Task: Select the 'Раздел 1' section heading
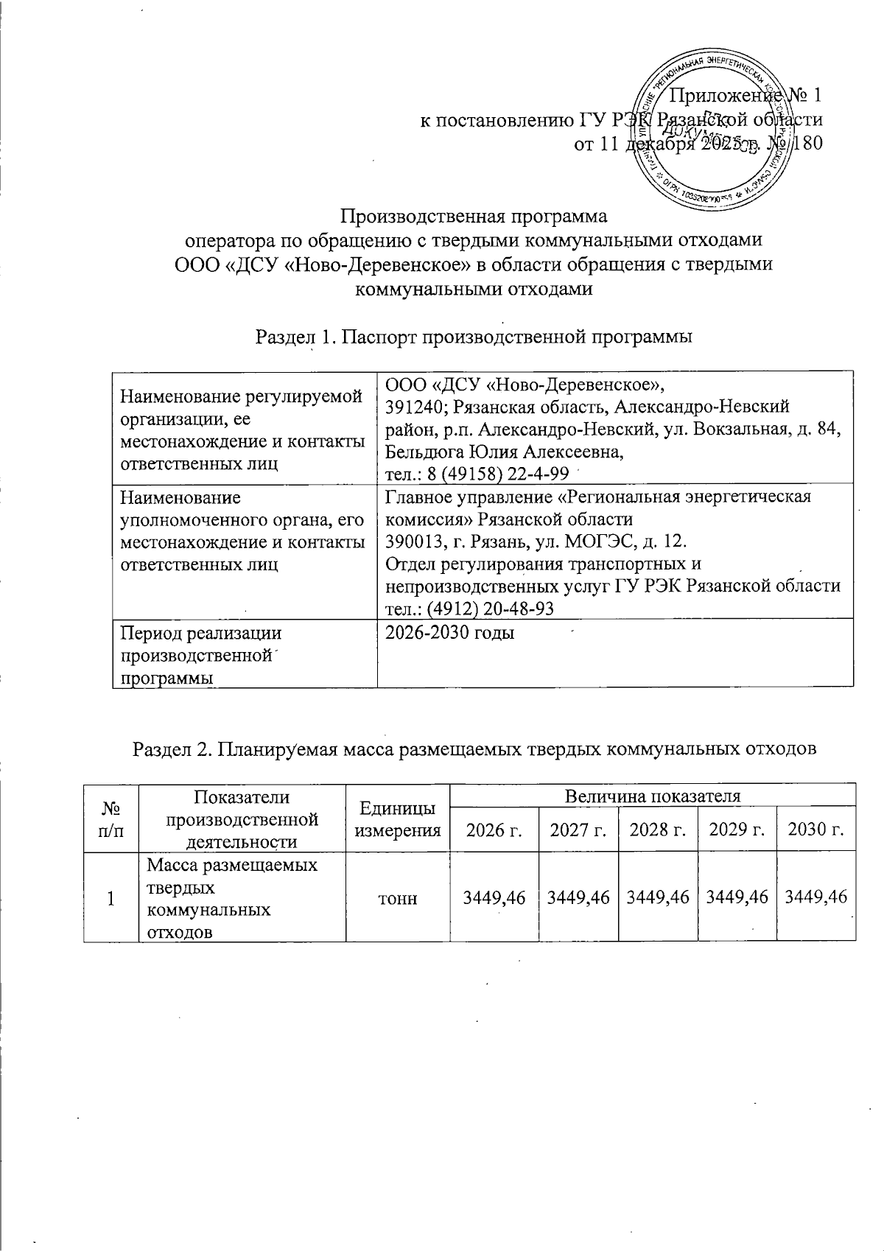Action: [473, 337]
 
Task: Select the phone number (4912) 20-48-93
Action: [471, 609]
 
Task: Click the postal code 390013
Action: [410, 542]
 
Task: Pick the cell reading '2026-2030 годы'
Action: [450, 633]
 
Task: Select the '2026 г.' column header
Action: [494, 830]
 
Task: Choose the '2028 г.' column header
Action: [658, 830]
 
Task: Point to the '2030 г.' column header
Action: [816, 830]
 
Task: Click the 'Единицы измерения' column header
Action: [398, 819]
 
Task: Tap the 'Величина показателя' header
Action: [652, 795]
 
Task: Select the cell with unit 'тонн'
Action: [397, 898]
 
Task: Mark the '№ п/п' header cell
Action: [111, 819]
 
